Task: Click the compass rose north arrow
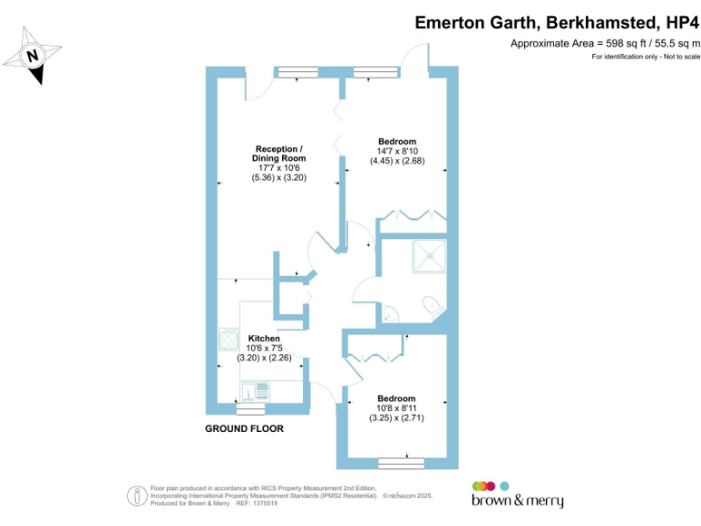(35, 56)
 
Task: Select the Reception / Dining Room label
(279, 153)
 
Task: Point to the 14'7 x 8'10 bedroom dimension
(397, 152)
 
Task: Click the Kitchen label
(264, 338)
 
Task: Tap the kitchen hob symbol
(227, 340)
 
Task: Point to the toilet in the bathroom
(432, 304)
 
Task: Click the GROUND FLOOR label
(244, 428)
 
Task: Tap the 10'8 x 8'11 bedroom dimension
(397, 408)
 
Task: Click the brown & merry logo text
(517, 500)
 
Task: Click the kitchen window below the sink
(244, 411)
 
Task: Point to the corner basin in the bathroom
(389, 313)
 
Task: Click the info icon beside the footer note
(136, 496)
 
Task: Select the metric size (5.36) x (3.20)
(279, 178)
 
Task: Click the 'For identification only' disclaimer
(645, 58)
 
